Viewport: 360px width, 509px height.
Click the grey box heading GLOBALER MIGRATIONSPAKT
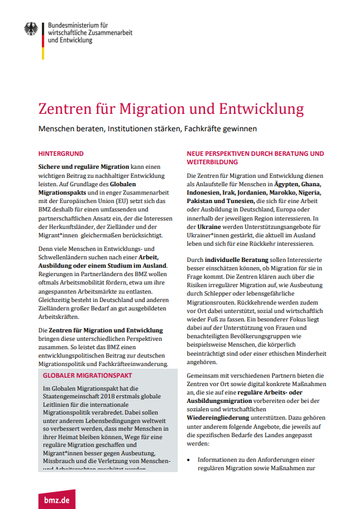coord(88,375)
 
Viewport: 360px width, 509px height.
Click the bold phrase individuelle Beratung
coord(234,267)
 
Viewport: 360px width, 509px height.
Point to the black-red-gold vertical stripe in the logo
coord(43,32)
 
